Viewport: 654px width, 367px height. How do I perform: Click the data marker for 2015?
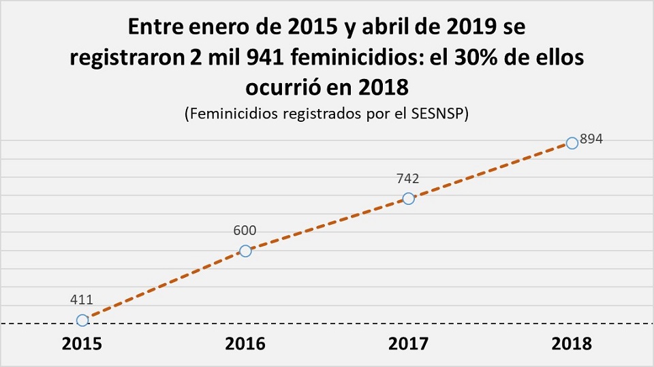(82, 320)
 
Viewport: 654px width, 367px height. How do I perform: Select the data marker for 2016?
(245, 251)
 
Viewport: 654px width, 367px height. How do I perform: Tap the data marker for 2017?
(408, 198)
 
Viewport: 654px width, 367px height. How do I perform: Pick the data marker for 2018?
(572, 143)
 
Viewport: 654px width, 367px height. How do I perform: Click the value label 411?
(81, 299)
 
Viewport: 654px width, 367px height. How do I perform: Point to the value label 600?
(245, 231)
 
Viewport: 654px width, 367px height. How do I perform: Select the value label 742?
(407, 179)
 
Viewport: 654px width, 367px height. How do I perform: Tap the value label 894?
(592, 138)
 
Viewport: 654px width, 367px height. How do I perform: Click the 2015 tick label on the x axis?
(82, 344)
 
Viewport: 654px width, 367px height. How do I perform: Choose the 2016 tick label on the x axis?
(245, 344)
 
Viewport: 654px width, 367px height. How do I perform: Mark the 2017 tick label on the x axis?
(408, 344)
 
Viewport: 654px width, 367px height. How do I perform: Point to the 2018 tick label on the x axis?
(572, 344)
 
